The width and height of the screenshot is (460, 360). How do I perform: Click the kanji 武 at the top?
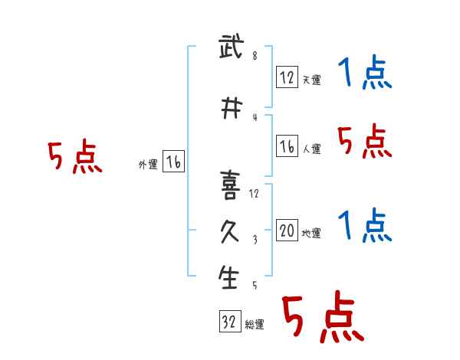232,46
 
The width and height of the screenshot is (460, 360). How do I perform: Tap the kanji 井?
232,108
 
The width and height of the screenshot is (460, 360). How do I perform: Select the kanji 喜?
231,185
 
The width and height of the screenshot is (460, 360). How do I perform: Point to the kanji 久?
230,232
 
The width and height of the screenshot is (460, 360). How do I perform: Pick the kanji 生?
228,277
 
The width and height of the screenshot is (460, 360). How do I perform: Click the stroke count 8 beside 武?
255,56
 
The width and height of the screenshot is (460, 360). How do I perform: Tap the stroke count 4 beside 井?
255,117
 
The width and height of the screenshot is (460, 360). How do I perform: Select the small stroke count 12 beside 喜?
254,194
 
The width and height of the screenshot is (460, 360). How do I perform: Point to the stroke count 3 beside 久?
255,240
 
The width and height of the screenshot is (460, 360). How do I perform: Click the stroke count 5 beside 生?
255,285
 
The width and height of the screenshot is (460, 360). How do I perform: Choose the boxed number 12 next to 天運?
287,77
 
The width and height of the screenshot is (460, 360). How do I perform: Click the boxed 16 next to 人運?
287,146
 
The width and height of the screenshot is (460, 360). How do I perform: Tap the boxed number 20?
287,230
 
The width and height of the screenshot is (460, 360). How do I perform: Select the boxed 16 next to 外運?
174,162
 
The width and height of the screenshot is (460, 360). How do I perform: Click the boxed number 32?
230,321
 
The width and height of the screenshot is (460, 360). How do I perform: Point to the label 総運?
255,325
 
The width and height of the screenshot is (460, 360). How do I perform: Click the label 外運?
148,165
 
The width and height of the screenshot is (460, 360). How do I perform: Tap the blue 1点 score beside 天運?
365,72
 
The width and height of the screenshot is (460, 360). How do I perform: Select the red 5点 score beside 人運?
365,141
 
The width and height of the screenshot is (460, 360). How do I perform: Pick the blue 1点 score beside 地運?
365,225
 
